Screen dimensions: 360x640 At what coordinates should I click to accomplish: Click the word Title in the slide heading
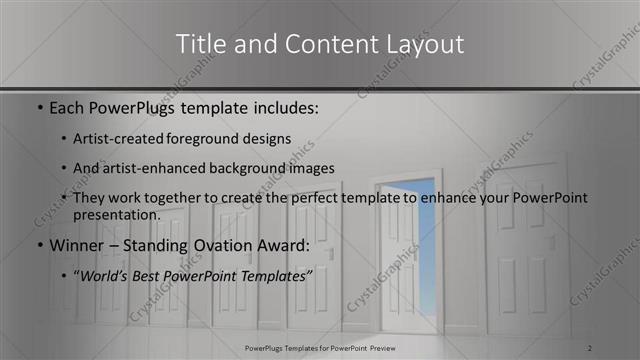pyautogui.click(x=199, y=44)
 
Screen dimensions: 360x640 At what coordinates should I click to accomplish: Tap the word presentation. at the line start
pyautogui.click(x=116, y=214)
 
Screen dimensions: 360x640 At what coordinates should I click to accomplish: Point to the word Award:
pyautogui.click(x=286, y=246)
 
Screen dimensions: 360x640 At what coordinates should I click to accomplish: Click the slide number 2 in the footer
pyautogui.click(x=590, y=347)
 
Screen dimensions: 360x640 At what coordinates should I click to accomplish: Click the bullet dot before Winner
pyautogui.click(x=39, y=247)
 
